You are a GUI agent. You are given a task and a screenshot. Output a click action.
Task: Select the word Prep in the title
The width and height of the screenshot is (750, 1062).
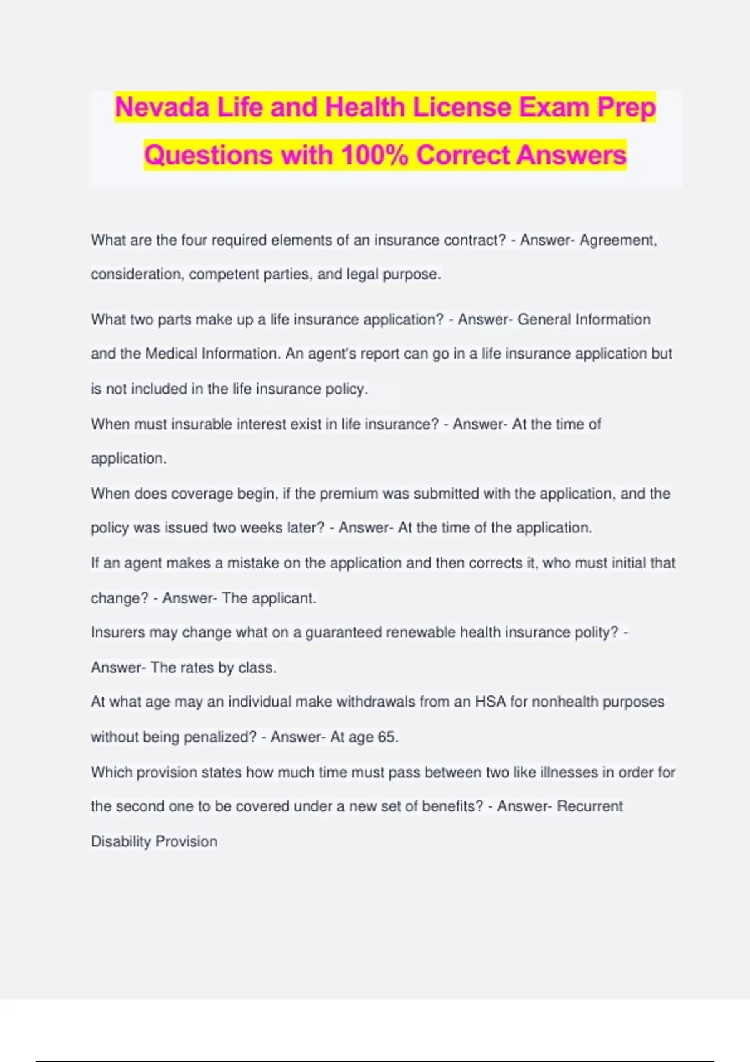(x=627, y=107)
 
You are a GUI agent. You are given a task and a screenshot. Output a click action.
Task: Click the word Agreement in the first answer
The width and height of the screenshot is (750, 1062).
(x=617, y=241)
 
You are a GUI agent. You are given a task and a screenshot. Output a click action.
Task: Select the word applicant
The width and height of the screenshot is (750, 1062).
(x=283, y=598)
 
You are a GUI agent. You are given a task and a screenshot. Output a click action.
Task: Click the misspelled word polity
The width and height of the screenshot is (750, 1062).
(x=592, y=632)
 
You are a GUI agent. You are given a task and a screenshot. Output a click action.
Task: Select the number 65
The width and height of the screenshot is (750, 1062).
(x=387, y=737)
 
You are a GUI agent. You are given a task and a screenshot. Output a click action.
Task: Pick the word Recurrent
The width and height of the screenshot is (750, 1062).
(x=590, y=806)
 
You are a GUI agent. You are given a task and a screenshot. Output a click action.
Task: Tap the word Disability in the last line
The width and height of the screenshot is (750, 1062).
(x=121, y=842)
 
